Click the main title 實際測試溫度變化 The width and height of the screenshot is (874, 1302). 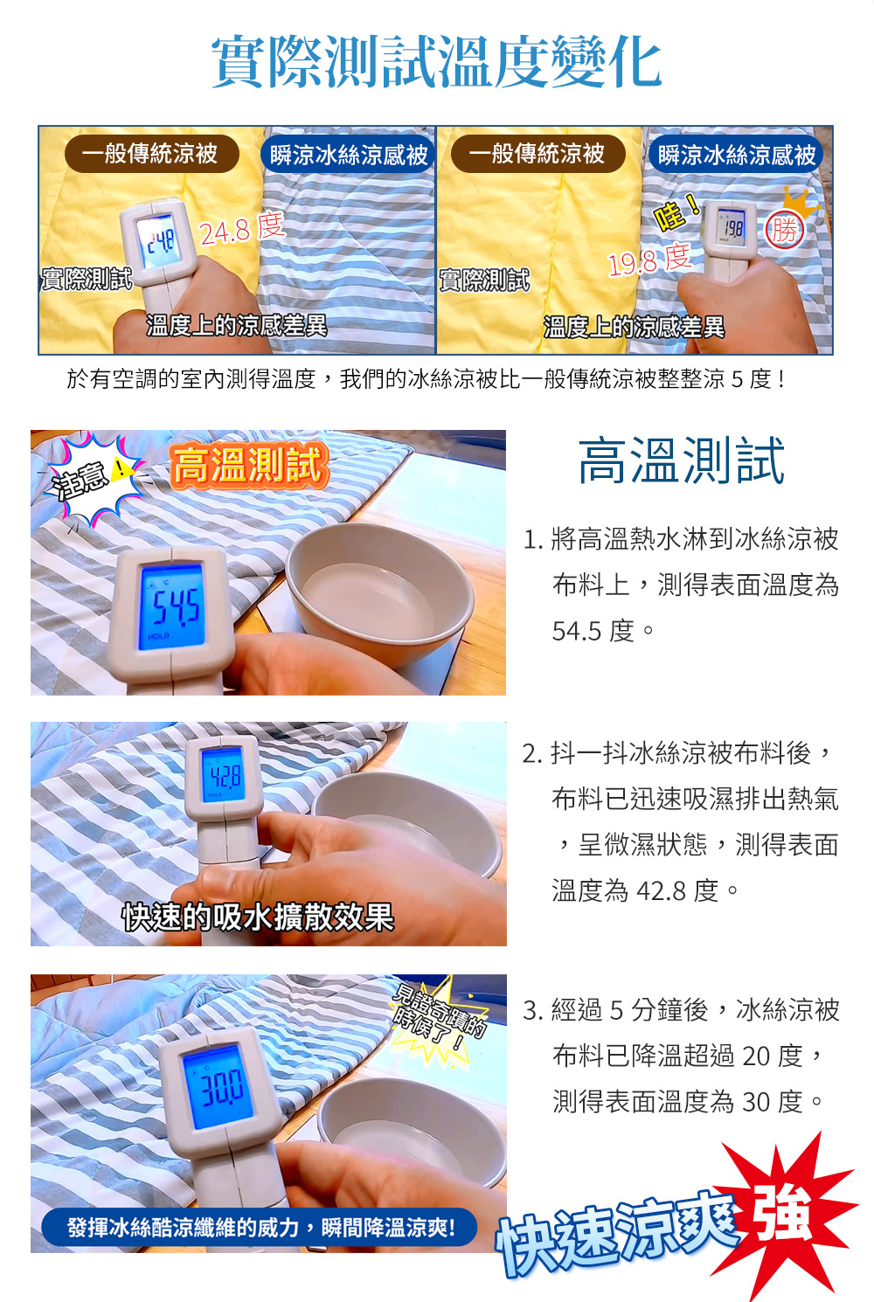click(x=436, y=62)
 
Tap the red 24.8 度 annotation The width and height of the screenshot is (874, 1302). click(x=242, y=228)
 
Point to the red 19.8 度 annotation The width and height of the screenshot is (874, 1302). click(x=650, y=260)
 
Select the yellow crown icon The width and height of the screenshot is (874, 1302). click(x=801, y=201)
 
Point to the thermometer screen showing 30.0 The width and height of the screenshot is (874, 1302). click(x=218, y=1088)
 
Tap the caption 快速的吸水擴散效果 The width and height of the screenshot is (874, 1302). click(x=258, y=918)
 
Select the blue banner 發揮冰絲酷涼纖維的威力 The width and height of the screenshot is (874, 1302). click(x=260, y=1227)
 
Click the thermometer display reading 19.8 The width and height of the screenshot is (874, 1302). click(x=732, y=226)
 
